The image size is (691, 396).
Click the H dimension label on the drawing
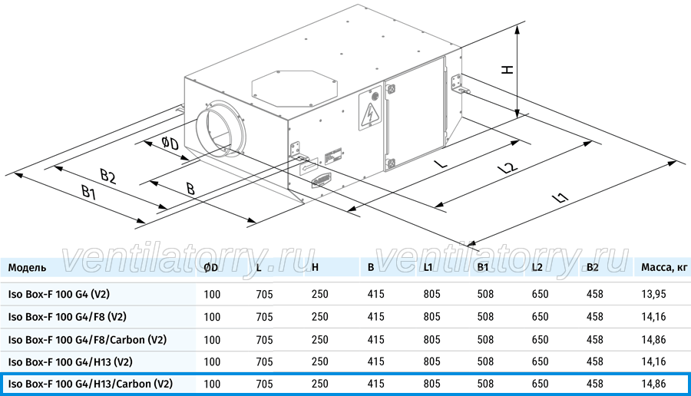[508, 70]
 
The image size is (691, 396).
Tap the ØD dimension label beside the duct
[170, 144]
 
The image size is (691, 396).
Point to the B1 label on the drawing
[88, 193]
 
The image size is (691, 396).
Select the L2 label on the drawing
[507, 167]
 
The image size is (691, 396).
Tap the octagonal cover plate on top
[294, 88]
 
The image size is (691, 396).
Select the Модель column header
[27, 268]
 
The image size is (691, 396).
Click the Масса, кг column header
[664, 268]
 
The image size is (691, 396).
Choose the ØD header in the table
[210, 268]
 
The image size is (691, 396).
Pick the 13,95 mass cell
[653, 294]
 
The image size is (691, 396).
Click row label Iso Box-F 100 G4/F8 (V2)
[67, 317]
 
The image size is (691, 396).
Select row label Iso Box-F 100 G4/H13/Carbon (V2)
[91, 384]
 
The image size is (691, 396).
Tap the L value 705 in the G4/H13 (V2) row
[264, 361]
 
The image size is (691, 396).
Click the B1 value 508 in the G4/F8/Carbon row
[485, 340]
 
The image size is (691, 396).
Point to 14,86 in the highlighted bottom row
[653, 384]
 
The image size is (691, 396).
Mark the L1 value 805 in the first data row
[431, 294]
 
